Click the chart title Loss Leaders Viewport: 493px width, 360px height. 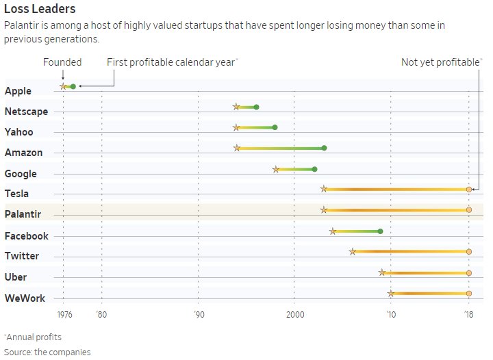[x=40, y=10]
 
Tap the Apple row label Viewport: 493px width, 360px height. [x=18, y=91]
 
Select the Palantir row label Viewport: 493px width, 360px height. [x=23, y=214]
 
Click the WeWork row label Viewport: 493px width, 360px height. [x=24, y=298]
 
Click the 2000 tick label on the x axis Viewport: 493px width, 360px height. [x=294, y=316]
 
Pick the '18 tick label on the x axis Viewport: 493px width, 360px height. [x=468, y=316]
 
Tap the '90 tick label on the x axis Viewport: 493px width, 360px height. [x=199, y=316]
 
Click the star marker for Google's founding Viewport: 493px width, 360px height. [x=276, y=169]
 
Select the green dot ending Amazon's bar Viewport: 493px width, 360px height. [x=324, y=148]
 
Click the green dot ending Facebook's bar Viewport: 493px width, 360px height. [x=380, y=231]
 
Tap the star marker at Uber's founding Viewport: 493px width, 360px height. [x=382, y=272]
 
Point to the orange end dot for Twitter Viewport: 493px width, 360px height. [x=468, y=252]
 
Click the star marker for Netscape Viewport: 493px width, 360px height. [x=236, y=107]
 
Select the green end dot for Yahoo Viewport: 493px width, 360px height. [x=275, y=127]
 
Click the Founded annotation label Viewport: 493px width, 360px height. [x=62, y=62]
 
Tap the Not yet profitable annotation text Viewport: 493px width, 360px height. [x=440, y=62]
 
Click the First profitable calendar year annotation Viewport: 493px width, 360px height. [x=171, y=62]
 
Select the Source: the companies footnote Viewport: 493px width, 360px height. [x=47, y=352]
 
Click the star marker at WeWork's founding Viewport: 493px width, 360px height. [x=391, y=294]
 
